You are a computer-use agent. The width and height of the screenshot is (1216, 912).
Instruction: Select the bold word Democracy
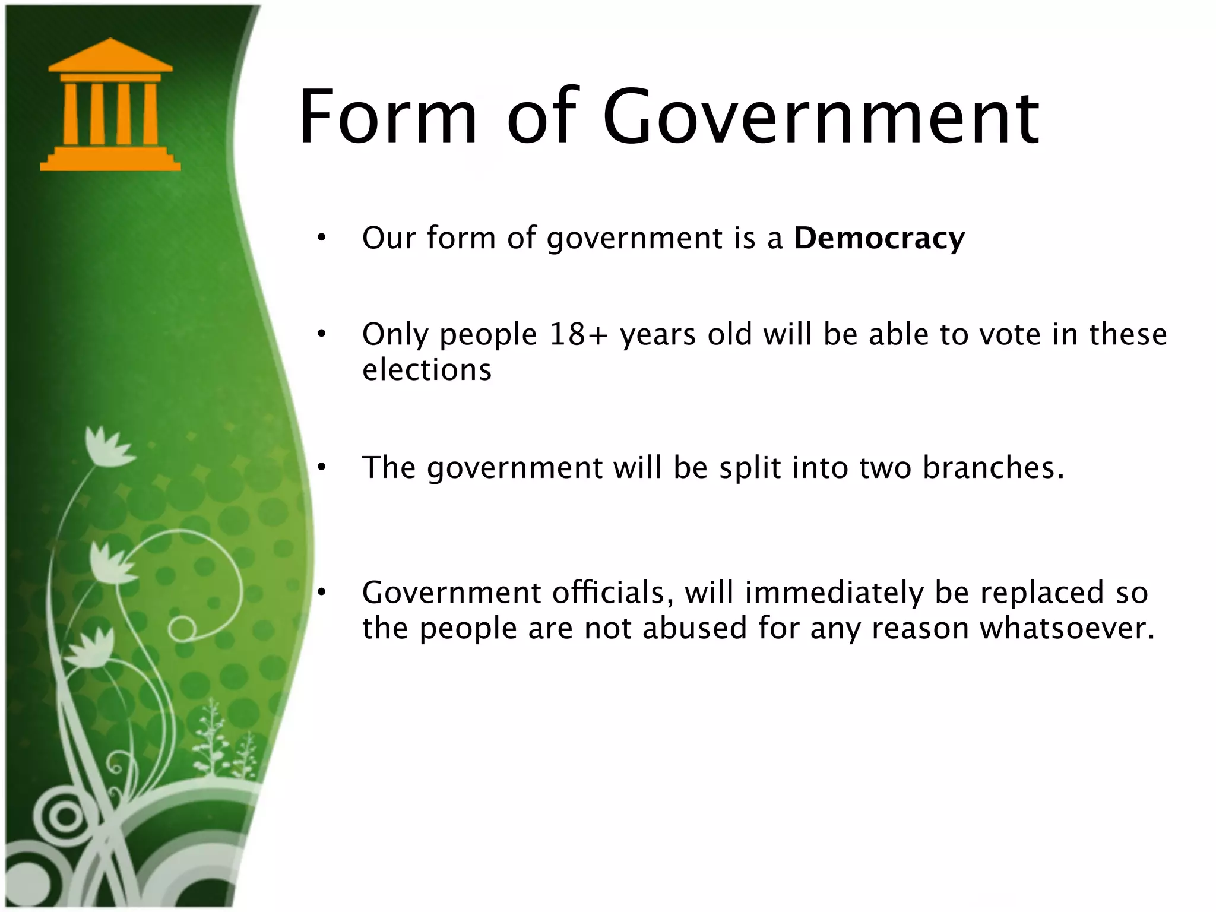pyautogui.click(x=879, y=238)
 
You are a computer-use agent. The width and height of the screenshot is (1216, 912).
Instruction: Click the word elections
pyautogui.click(x=427, y=370)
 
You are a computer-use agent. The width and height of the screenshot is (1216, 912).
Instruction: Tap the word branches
pyautogui.click(x=993, y=467)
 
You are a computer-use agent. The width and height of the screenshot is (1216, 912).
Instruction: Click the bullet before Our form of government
pyautogui.click(x=321, y=239)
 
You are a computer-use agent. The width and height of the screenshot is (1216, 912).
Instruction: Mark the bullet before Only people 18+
pyautogui.click(x=321, y=335)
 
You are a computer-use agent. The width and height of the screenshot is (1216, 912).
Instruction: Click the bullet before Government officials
pyautogui.click(x=321, y=593)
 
